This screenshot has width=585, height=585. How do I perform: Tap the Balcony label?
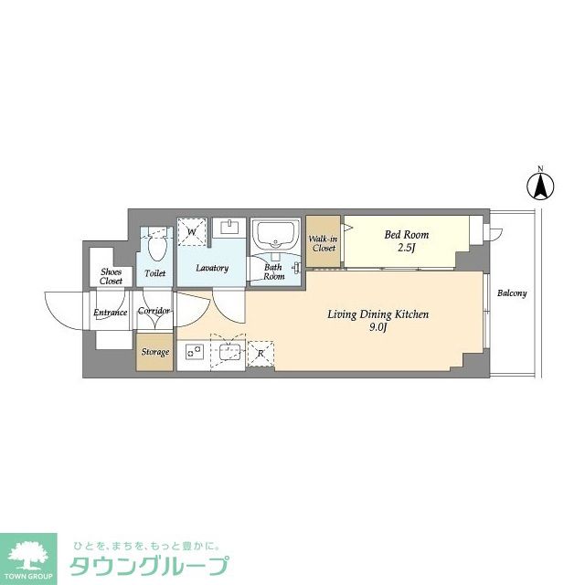click(x=512, y=293)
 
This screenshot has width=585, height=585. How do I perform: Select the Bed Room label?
click(x=406, y=235)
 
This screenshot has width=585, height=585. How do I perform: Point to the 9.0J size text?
click(x=378, y=328)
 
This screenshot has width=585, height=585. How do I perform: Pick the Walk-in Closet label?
click(x=324, y=243)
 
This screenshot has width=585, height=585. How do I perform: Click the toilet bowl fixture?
click(x=156, y=248)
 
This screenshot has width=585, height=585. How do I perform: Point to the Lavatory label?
click(x=212, y=268)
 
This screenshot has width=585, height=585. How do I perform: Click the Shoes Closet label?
click(x=112, y=276)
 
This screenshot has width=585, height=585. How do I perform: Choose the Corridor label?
click(x=154, y=311)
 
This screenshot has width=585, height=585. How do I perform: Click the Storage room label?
click(x=154, y=352)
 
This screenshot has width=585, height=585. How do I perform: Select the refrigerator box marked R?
click(x=260, y=352)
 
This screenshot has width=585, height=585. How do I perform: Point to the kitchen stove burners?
click(x=193, y=352)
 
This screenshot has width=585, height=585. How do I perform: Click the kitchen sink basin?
click(x=228, y=351)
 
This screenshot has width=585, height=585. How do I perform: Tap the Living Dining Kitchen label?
click(x=378, y=314)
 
